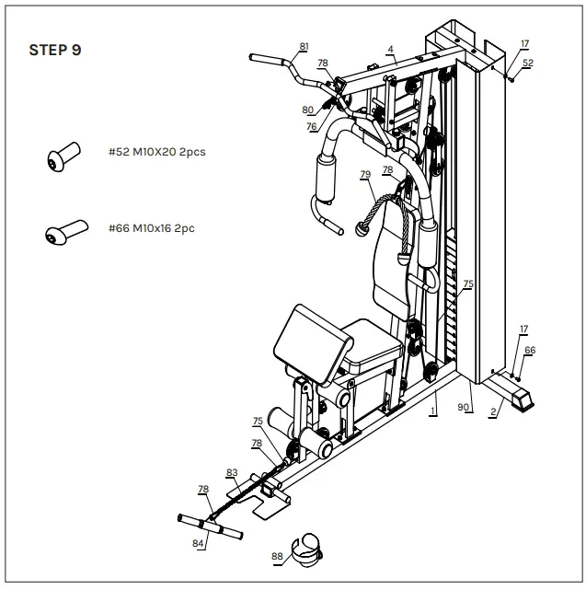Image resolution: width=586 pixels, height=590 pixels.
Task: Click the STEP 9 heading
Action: (x=55, y=50)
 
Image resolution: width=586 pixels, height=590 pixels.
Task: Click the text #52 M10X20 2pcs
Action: (x=156, y=152)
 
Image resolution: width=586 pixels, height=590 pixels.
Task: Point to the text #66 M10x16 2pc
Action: (x=151, y=227)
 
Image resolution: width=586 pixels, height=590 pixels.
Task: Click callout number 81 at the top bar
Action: (x=304, y=46)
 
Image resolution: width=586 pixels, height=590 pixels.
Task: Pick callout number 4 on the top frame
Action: (x=390, y=49)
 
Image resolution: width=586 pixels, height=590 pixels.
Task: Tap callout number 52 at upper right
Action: (x=528, y=63)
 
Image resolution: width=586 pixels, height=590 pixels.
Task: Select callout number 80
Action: (x=307, y=110)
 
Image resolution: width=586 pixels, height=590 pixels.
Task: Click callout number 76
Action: (x=312, y=126)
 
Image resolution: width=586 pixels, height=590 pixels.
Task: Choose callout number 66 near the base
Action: (x=530, y=350)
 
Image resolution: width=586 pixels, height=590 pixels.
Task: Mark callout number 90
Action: (x=464, y=407)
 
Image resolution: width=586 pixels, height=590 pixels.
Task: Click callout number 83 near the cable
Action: (x=232, y=472)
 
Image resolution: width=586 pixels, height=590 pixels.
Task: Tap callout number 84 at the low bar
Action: (x=197, y=544)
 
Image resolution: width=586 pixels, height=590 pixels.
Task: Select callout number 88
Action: (x=276, y=555)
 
